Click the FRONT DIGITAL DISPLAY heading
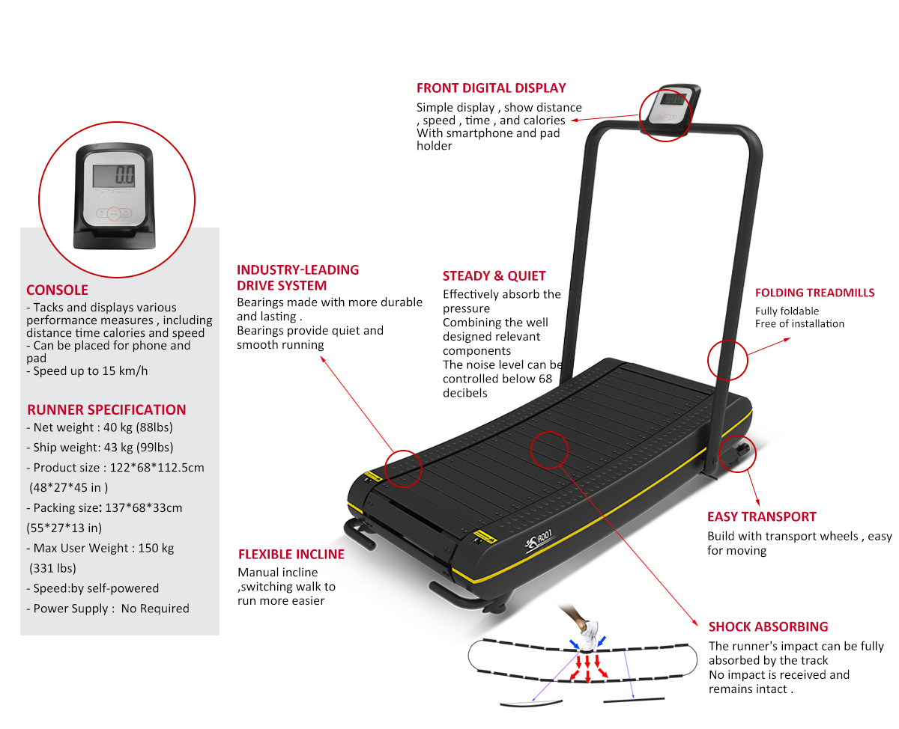[x=491, y=88]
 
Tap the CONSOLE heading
[x=58, y=290]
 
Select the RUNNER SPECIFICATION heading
[x=106, y=409]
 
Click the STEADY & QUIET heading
[x=494, y=275]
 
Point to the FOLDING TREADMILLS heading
[x=814, y=293]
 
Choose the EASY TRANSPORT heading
[x=761, y=516]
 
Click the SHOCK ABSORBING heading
[x=768, y=626]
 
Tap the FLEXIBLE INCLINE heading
[x=291, y=554]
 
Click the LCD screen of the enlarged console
[x=114, y=176]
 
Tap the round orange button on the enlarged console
[x=114, y=214]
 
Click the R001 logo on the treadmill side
[x=539, y=540]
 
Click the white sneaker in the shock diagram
[x=589, y=635]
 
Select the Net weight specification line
[x=100, y=427]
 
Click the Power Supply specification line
[x=108, y=608]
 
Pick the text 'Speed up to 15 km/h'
[x=87, y=370]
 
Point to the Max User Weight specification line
[x=100, y=548]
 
